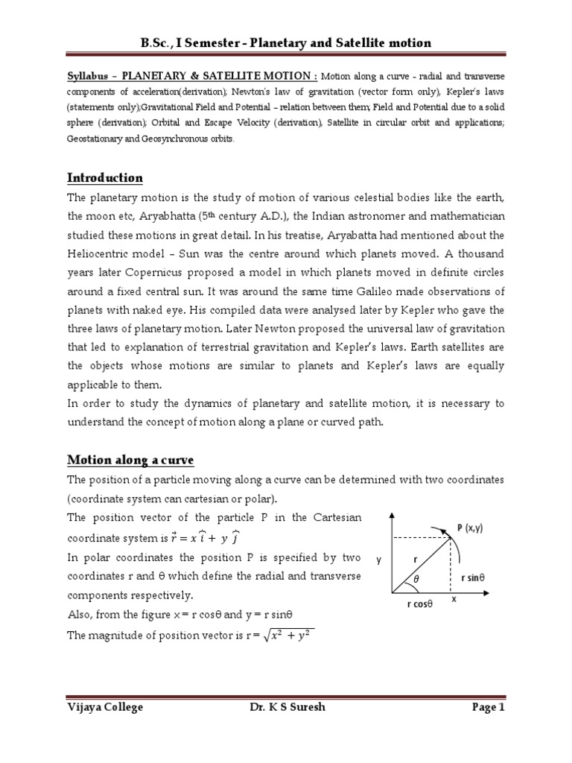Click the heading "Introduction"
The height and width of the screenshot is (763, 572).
click(105, 178)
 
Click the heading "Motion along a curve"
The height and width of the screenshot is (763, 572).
click(130, 460)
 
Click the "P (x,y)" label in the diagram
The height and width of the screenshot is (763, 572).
click(471, 528)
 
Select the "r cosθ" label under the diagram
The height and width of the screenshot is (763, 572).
click(420, 605)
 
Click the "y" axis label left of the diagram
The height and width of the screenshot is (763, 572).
click(378, 561)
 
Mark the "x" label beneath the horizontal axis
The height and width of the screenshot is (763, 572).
click(454, 598)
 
